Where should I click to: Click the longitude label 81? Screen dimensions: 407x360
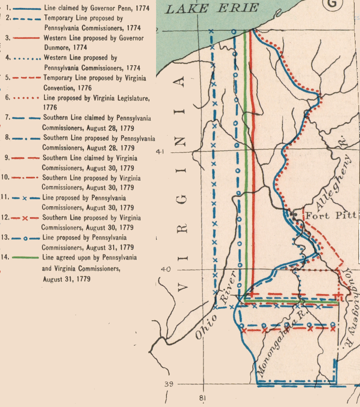[202, 398]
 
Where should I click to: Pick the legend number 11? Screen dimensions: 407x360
[5, 198]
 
